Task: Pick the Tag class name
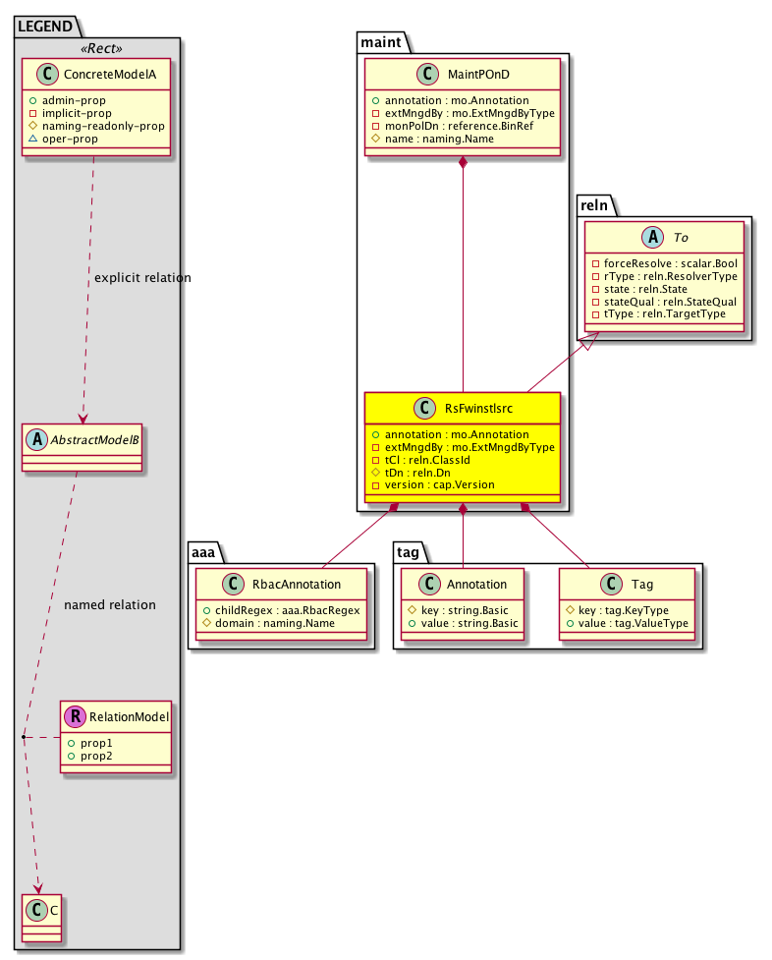click(x=642, y=585)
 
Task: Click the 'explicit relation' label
click(x=142, y=278)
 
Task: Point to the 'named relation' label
click(x=110, y=604)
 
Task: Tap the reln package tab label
click(x=595, y=205)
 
